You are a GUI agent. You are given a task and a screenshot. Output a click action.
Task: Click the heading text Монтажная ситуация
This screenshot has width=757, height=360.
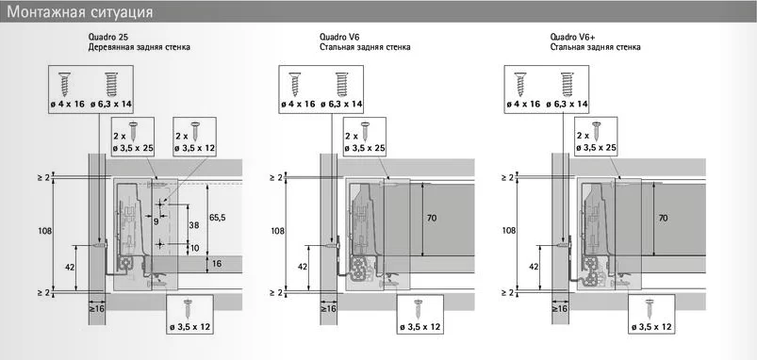79,11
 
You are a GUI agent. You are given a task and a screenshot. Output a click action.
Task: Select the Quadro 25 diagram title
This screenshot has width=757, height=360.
108,37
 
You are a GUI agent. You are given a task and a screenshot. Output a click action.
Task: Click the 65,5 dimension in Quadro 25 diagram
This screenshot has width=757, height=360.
217,218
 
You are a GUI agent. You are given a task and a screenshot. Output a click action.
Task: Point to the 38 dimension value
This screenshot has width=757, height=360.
193,224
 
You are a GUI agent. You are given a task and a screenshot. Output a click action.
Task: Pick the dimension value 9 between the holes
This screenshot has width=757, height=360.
156,222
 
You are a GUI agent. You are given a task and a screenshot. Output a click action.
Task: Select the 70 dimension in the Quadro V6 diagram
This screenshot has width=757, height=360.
432,218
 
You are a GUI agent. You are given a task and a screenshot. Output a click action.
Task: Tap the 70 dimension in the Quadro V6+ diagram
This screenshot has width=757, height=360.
664,218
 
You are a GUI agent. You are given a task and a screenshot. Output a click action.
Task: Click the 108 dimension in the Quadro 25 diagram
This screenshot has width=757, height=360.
45,231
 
